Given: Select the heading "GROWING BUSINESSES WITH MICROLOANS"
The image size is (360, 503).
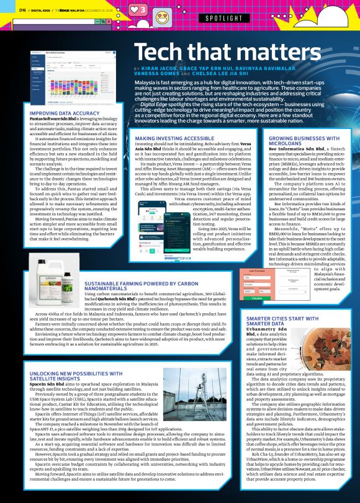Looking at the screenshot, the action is tap(302, 140).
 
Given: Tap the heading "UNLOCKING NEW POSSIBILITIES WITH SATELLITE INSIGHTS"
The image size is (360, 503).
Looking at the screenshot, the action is tap(72, 377).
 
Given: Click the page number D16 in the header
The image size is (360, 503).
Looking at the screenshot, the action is tap(22, 10).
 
